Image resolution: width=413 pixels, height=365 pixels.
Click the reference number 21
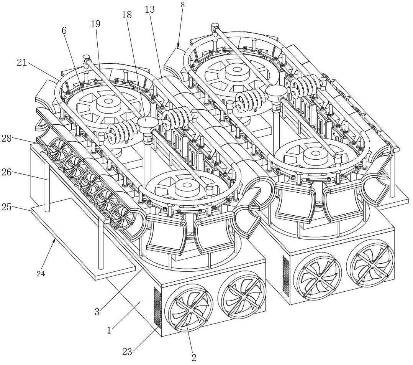22,62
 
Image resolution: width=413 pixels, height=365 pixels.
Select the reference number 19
95,24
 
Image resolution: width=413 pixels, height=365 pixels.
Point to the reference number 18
126,15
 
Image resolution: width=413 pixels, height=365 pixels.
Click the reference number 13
150,9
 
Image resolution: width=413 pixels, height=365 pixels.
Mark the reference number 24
41,274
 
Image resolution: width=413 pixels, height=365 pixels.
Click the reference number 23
128,351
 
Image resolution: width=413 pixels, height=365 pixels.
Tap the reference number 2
194,358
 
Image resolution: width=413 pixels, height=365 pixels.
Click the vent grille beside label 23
157,307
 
